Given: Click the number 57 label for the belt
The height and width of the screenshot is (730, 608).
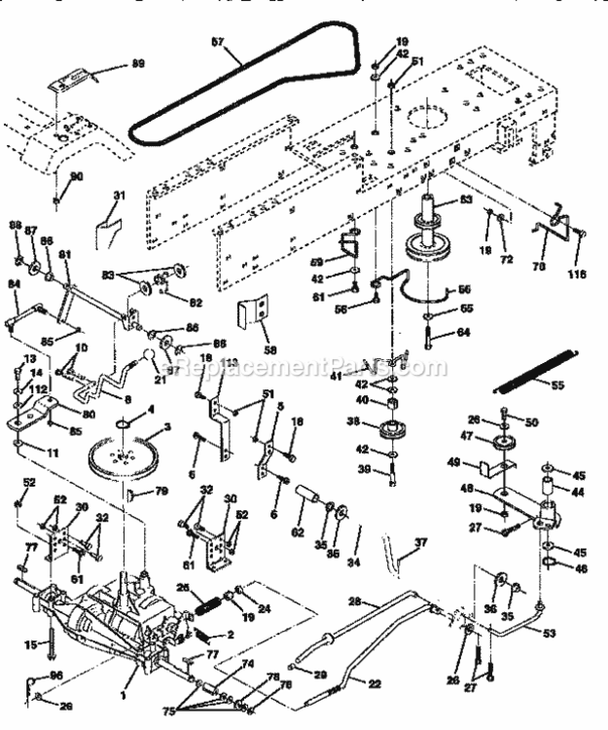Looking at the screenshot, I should (x=218, y=42).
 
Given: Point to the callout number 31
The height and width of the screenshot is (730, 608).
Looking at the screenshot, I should (x=117, y=196).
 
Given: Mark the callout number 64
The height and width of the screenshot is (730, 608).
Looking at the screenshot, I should (x=461, y=334).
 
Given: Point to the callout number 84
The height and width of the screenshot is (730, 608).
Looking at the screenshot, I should (x=14, y=284).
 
